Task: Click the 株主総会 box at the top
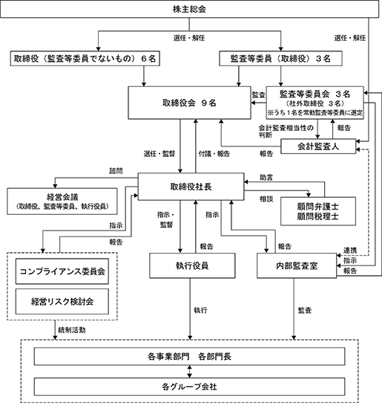[189, 9]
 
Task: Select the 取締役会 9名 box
[189, 103]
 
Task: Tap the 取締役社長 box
[191, 187]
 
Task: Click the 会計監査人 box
[318, 146]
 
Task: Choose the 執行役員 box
[192, 265]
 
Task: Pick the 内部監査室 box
[297, 265]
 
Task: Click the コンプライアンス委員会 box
[62, 271]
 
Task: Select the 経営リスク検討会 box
[62, 301]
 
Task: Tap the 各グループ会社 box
[189, 387]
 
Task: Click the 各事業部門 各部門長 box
[189, 356]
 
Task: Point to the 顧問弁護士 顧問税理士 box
[318, 211]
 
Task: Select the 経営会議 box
[62, 201]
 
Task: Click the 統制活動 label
[72, 330]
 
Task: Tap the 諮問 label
[116, 171]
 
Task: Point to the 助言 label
[266, 178]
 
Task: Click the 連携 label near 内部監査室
[350, 250]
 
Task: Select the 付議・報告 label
[214, 154]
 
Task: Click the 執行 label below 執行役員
[200, 310]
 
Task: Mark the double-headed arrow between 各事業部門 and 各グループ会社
[189, 372]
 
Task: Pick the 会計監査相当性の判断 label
[286, 132]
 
